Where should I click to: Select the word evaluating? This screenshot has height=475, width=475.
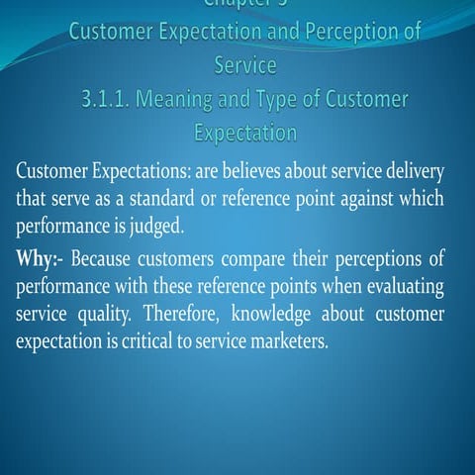pos(405,288)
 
